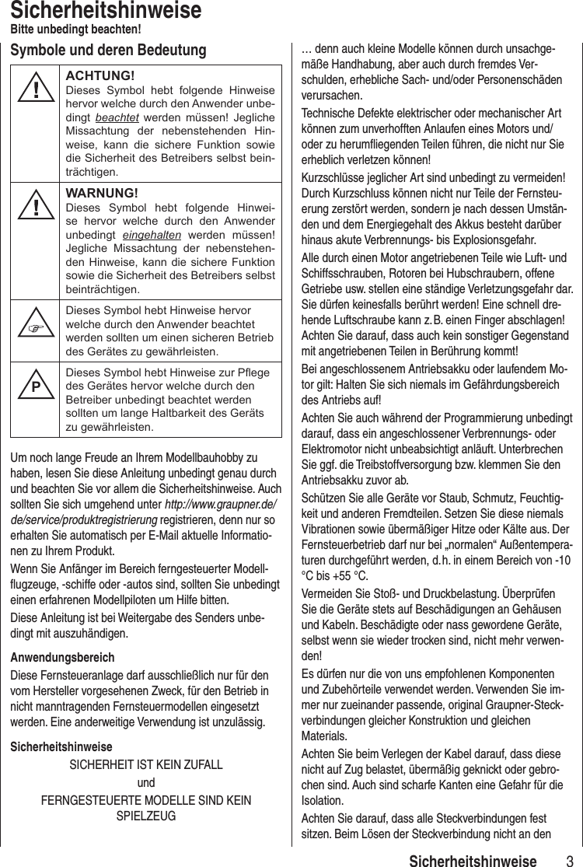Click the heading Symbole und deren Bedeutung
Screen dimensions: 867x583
[108, 51]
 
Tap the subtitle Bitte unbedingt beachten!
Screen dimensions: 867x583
[75, 30]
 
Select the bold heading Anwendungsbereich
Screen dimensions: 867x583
[61, 658]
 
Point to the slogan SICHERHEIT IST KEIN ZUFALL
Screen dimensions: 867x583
[146, 765]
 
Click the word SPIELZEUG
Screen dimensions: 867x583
[145, 816]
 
